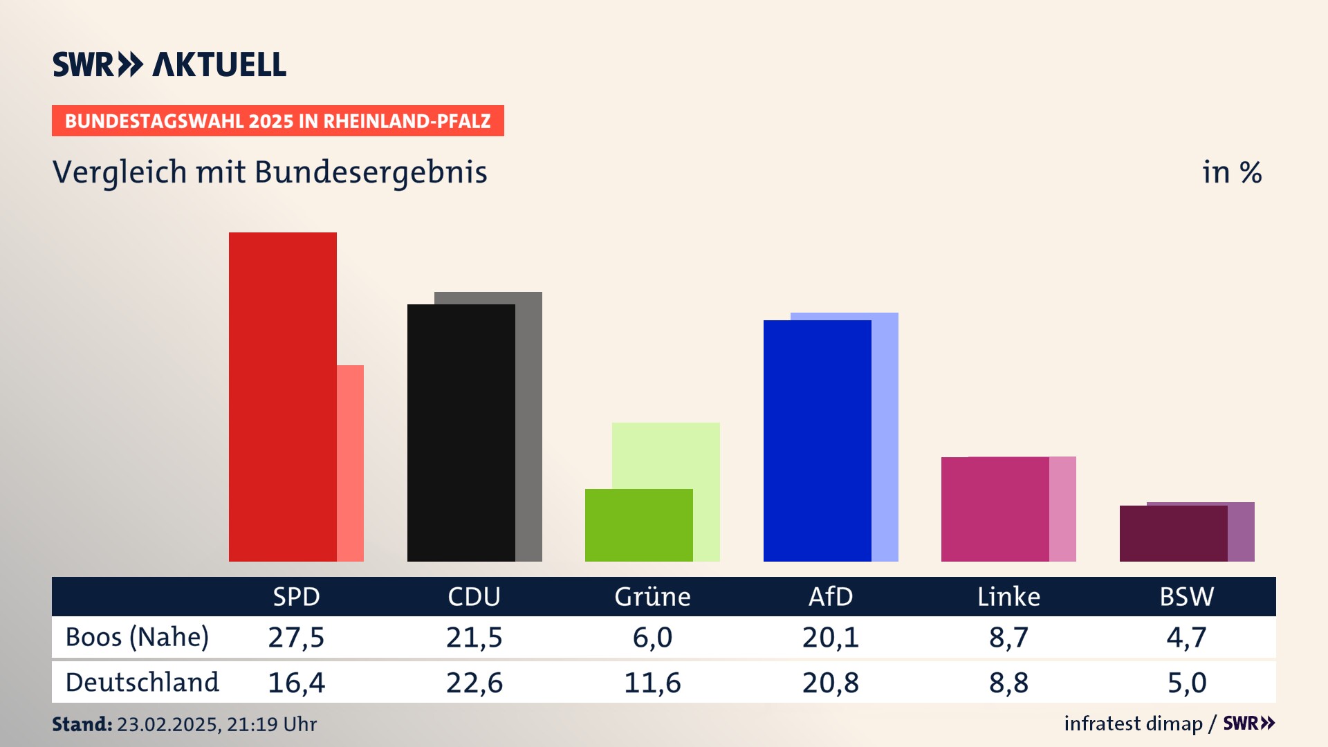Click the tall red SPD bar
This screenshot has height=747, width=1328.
coord(282,396)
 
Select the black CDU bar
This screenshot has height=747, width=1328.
coord(461,432)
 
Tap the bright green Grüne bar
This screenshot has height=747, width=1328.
coord(638,525)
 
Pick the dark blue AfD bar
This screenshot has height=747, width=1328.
coord(817,441)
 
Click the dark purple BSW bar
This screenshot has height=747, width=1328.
coord(1173,533)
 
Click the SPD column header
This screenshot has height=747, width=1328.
coord(296,597)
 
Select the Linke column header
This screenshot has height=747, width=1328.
coord(1008,597)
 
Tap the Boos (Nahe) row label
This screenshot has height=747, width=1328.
coord(137,637)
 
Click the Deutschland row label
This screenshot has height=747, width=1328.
coord(142,683)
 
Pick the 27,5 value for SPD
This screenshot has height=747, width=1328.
coord(296,637)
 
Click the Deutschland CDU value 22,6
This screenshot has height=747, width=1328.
coord(474,683)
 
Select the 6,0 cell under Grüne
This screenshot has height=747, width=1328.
coord(652,637)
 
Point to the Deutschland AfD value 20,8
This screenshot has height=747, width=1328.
coord(831,683)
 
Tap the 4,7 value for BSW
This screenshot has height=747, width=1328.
coord(1187,637)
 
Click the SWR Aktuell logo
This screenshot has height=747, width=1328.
coord(169,64)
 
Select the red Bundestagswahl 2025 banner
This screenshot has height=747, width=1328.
coord(277,121)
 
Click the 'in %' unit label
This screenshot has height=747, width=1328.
coord(1232,173)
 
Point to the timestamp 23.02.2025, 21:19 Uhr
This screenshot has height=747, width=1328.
coord(216,724)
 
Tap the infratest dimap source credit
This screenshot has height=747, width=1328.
coord(1133,723)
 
